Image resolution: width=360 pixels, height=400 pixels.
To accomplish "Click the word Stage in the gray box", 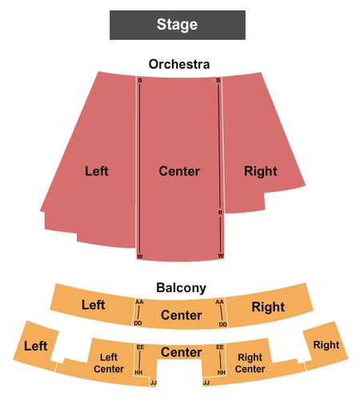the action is (177, 25).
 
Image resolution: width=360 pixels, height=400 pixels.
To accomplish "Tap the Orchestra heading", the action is (179, 64).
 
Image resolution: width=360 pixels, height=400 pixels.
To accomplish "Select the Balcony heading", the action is (181, 288).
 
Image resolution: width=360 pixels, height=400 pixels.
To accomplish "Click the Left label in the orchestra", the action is (97, 171).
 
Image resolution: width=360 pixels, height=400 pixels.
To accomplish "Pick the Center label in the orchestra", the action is (179, 171).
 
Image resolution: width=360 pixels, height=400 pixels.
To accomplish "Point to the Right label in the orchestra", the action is (261, 171).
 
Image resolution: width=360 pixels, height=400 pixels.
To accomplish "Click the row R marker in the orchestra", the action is (220, 213).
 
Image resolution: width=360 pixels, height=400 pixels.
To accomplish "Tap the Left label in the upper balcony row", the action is (93, 305).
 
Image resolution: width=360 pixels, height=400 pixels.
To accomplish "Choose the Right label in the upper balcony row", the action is (268, 307).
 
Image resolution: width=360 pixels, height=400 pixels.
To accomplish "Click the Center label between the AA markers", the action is (182, 315).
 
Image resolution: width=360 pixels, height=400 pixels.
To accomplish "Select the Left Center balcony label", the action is (109, 363).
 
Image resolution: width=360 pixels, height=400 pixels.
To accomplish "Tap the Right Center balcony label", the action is (250, 363).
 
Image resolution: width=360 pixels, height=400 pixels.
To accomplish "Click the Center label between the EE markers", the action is (182, 352).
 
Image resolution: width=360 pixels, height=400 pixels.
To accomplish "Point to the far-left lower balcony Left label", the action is (36, 346).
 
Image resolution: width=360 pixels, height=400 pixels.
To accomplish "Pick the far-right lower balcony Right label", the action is (326, 345).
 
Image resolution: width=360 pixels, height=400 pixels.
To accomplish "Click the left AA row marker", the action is (139, 302).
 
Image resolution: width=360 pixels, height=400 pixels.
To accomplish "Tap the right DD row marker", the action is (222, 324).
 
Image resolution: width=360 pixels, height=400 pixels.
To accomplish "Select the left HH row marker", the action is (138, 372).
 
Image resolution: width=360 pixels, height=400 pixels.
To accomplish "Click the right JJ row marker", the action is (206, 383).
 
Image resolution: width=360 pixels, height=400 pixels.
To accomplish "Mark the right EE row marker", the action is (220, 347).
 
